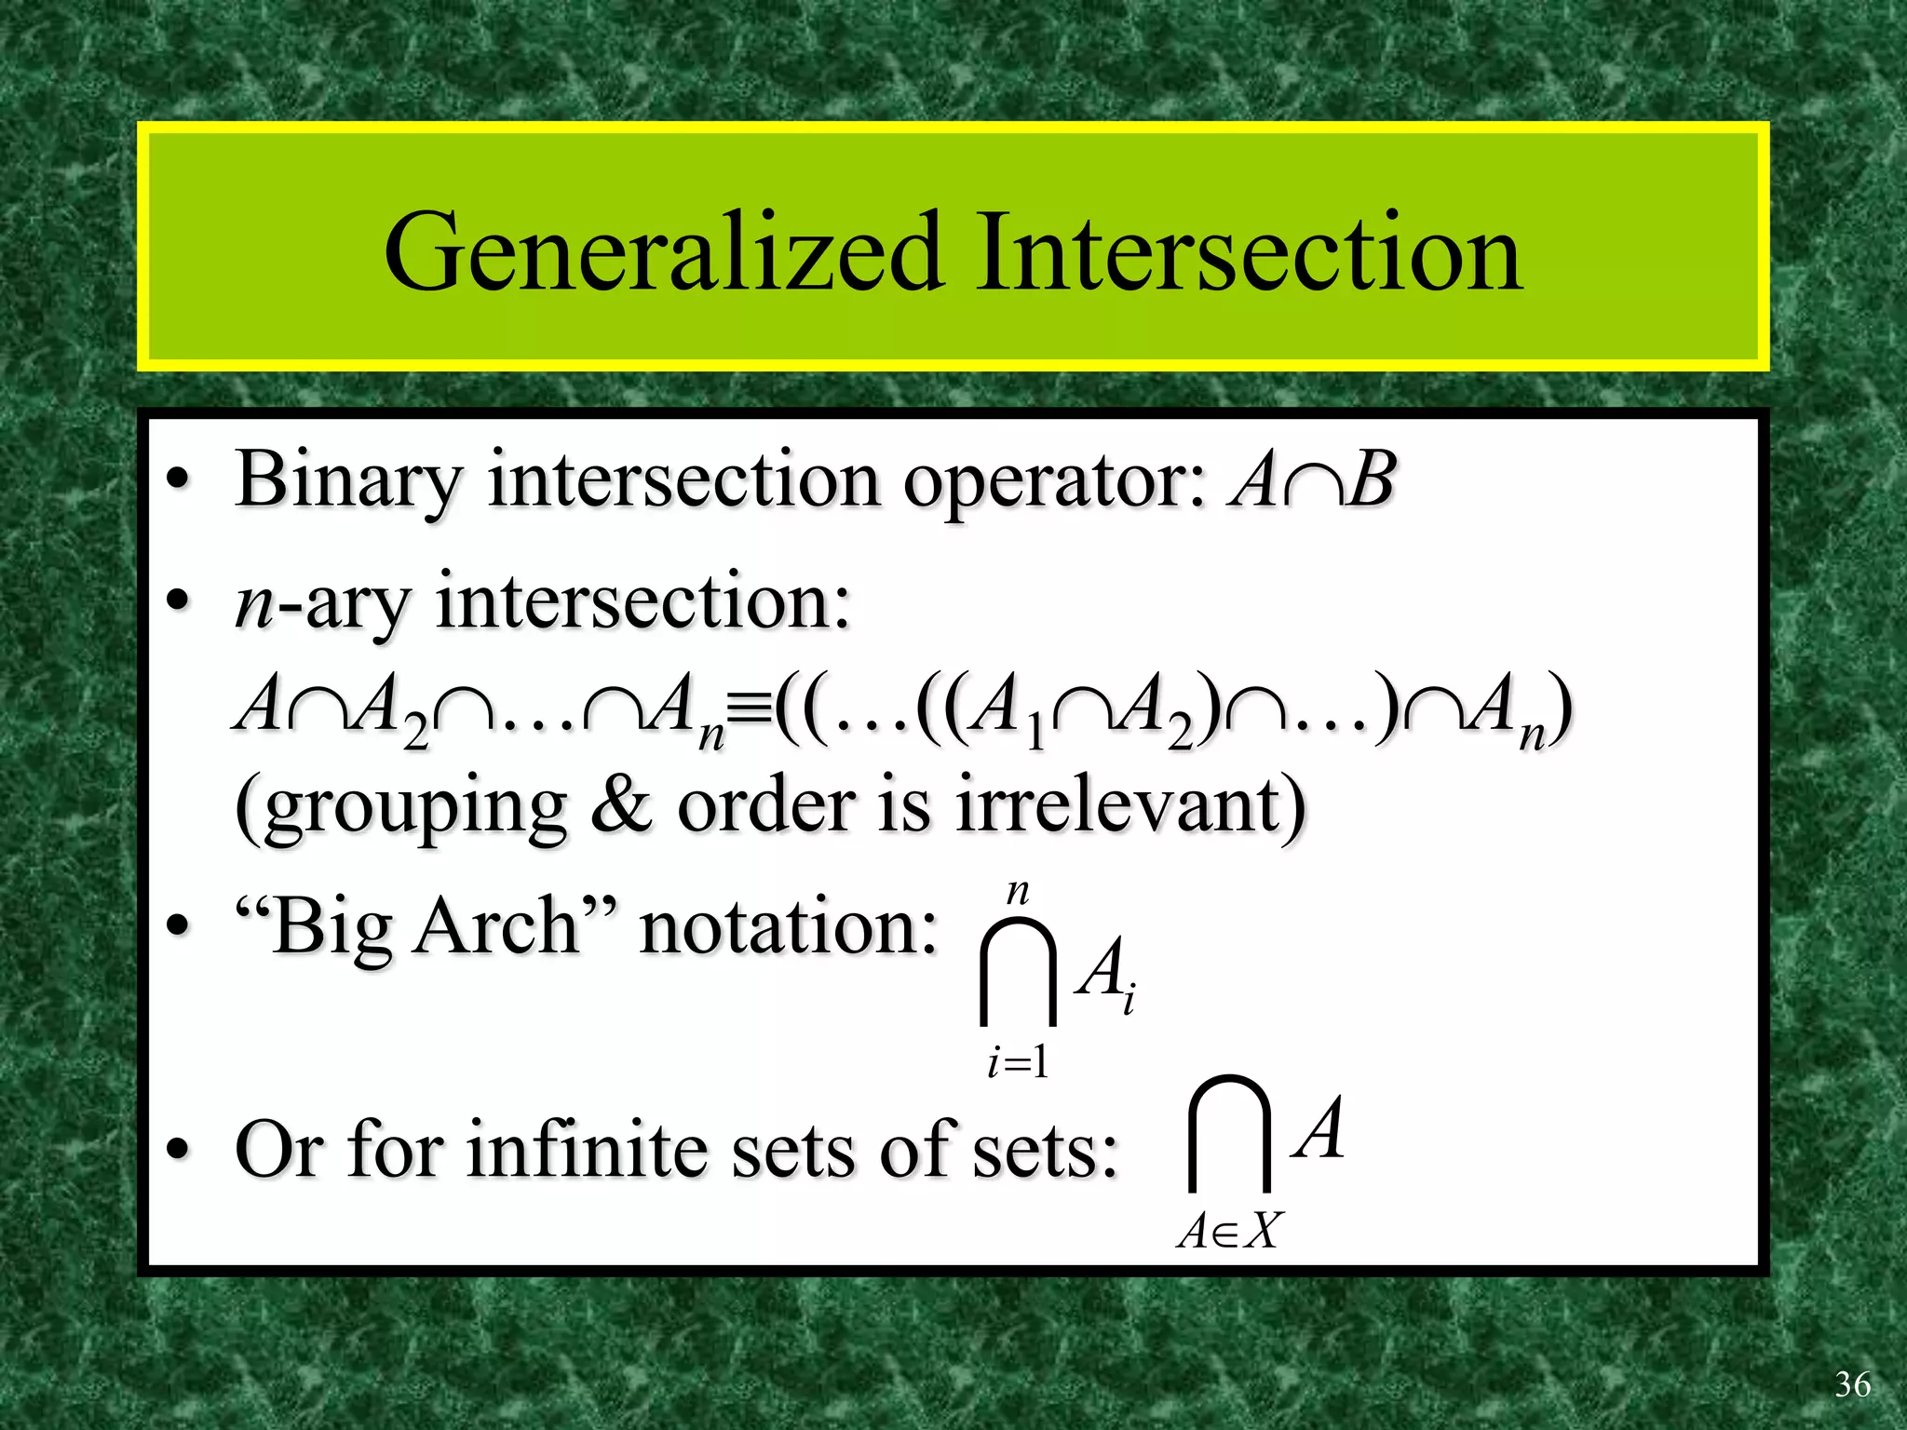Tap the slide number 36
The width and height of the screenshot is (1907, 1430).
(1852, 1385)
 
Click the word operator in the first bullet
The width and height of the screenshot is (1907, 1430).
(1055, 481)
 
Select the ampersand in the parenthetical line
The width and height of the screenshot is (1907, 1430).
(621, 804)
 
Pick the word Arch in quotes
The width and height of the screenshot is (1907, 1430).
(498, 927)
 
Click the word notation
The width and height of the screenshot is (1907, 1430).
(788, 927)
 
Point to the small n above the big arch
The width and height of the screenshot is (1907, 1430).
(1018, 892)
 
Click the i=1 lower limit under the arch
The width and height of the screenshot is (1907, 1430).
(1018, 1062)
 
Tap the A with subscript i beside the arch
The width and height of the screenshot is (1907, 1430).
(1105, 972)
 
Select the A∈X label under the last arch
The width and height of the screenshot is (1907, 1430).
(1229, 1231)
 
